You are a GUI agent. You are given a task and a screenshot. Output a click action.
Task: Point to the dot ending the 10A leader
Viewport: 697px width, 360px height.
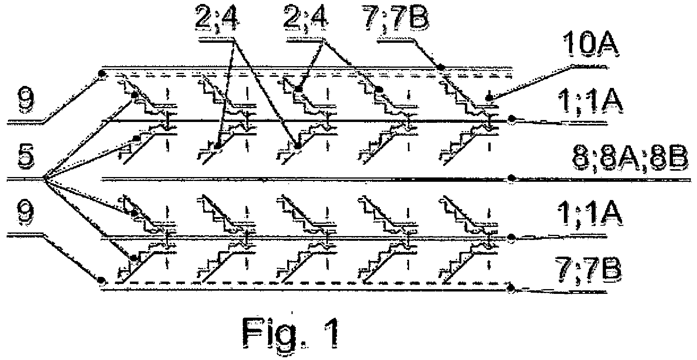490,97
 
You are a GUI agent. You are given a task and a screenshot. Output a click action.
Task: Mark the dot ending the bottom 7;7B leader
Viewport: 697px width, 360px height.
512,287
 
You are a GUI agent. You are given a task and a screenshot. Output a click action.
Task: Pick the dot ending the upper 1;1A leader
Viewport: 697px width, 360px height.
512,118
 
